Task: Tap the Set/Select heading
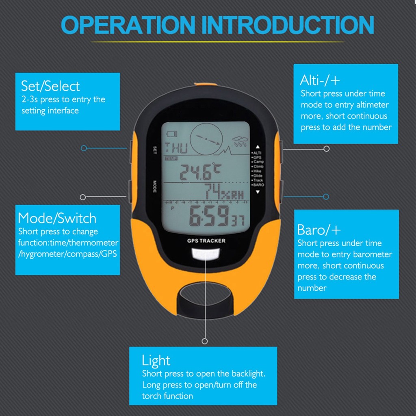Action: pyautogui.click(x=50, y=86)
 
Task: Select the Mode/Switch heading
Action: pyautogui.click(x=57, y=218)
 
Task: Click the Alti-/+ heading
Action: pyautogui.click(x=320, y=80)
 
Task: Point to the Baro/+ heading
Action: pyautogui.click(x=319, y=230)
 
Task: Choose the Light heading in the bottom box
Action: pyautogui.click(x=156, y=360)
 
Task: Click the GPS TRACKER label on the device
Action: pyautogui.click(x=206, y=241)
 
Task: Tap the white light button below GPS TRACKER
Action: pyautogui.click(x=206, y=253)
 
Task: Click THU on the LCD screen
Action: pyautogui.click(x=176, y=148)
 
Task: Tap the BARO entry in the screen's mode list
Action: pyautogui.click(x=258, y=185)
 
